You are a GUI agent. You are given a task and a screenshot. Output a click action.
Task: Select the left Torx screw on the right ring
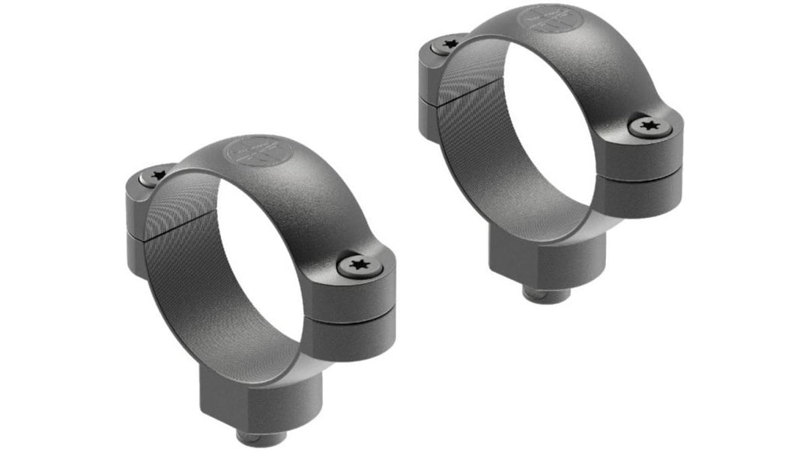pos(449,45)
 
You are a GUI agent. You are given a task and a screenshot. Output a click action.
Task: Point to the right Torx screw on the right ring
pos(649,128)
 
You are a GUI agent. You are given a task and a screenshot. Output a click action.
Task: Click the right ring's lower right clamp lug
pos(640,188)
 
